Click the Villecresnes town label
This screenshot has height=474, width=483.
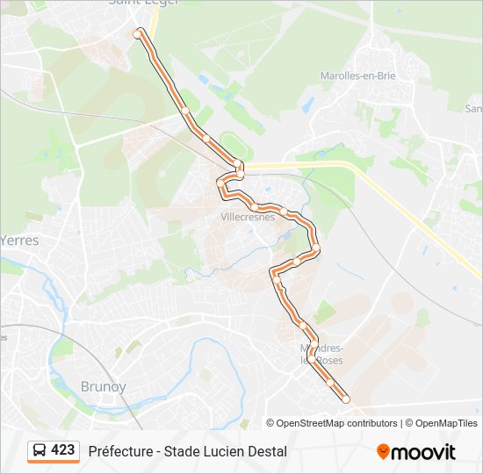(248, 216)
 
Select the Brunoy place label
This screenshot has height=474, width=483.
(104, 386)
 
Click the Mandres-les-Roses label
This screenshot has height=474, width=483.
(321, 354)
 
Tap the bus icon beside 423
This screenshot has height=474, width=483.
(40, 450)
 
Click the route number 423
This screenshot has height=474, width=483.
(63, 450)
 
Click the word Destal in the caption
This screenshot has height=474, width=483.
(266, 451)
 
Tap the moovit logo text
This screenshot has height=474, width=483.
(423, 452)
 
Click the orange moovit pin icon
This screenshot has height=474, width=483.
(383, 451)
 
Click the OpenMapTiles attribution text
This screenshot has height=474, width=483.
(446, 423)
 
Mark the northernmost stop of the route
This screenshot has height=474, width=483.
(138, 32)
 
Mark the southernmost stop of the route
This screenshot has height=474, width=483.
(345, 399)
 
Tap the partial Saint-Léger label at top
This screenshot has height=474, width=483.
(143, 4)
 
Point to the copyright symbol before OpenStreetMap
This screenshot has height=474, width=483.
(270, 423)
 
